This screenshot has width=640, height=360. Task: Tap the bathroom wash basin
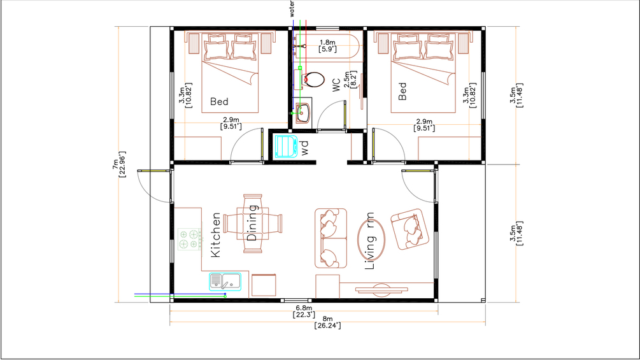point(302,113)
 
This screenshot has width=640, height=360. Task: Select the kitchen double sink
point(225,281)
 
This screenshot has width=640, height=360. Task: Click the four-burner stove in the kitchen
point(190,239)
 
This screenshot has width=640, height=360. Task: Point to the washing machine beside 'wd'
point(286,146)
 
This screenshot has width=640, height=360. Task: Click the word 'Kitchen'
point(215,234)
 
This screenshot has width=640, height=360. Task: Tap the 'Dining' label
point(252,223)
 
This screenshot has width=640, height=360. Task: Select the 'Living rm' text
point(370,241)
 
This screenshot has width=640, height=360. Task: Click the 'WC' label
point(336,85)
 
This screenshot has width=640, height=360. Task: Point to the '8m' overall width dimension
point(327,319)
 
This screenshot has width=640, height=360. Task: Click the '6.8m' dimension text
point(304,308)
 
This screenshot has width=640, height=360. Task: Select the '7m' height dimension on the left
point(115,164)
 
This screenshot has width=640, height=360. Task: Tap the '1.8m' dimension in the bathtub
point(327,43)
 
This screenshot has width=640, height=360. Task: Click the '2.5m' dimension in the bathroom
point(347,80)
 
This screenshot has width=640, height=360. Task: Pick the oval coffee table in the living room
point(371,240)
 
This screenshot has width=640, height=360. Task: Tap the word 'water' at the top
point(292,8)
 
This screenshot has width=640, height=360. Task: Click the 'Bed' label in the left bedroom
point(219,101)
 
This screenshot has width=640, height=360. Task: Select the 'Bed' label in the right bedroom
point(402,91)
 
